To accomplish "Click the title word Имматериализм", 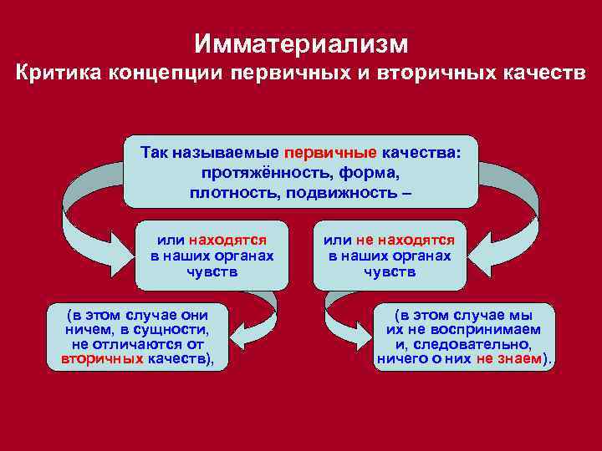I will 301,42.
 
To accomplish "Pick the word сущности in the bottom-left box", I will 167,330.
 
